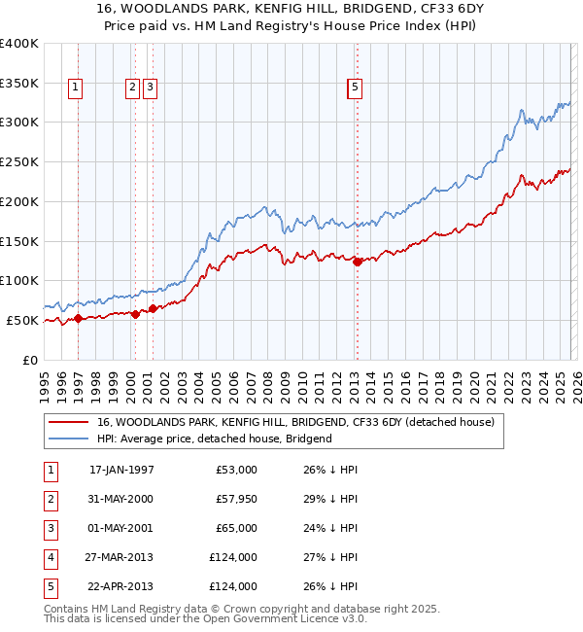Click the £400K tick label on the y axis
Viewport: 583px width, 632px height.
coord(18,44)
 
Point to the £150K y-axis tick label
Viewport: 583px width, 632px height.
coord(18,241)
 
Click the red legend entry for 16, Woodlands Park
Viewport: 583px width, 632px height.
coord(296,422)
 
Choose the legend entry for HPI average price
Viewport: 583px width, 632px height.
coord(215,439)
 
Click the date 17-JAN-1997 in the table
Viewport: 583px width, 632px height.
coord(121,470)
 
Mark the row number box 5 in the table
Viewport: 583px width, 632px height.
coord(49,586)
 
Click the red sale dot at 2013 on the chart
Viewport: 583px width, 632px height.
coord(357,262)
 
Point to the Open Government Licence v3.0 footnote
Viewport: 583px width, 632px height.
coord(288,618)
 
